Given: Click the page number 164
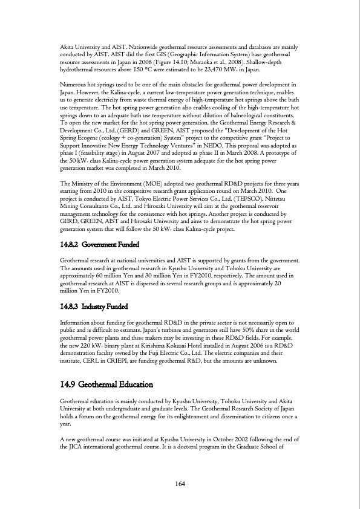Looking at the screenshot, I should point(180,483).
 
